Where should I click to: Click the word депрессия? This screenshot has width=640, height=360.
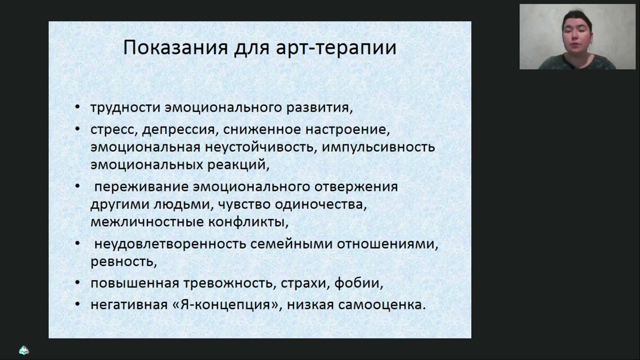coord(178,130)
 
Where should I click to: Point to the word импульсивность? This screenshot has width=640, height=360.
coord(378,147)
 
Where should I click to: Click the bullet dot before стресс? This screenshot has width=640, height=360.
coord(77,129)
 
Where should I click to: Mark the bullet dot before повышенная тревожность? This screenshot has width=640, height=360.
coord(77,283)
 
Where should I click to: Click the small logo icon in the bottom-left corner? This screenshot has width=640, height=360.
coord(23,350)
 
